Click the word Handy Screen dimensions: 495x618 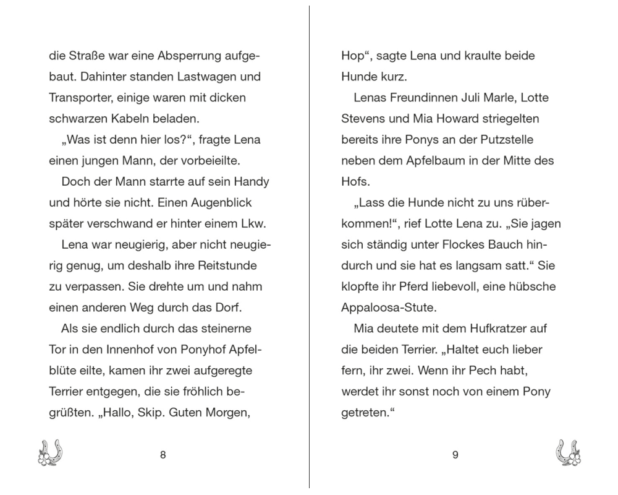(x=253, y=183)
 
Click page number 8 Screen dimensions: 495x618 (x=163, y=455)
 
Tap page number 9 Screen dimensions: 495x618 (x=455, y=455)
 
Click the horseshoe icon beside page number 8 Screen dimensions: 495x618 (x=51, y=453)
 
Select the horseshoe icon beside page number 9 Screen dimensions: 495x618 (x=568, y=453)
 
